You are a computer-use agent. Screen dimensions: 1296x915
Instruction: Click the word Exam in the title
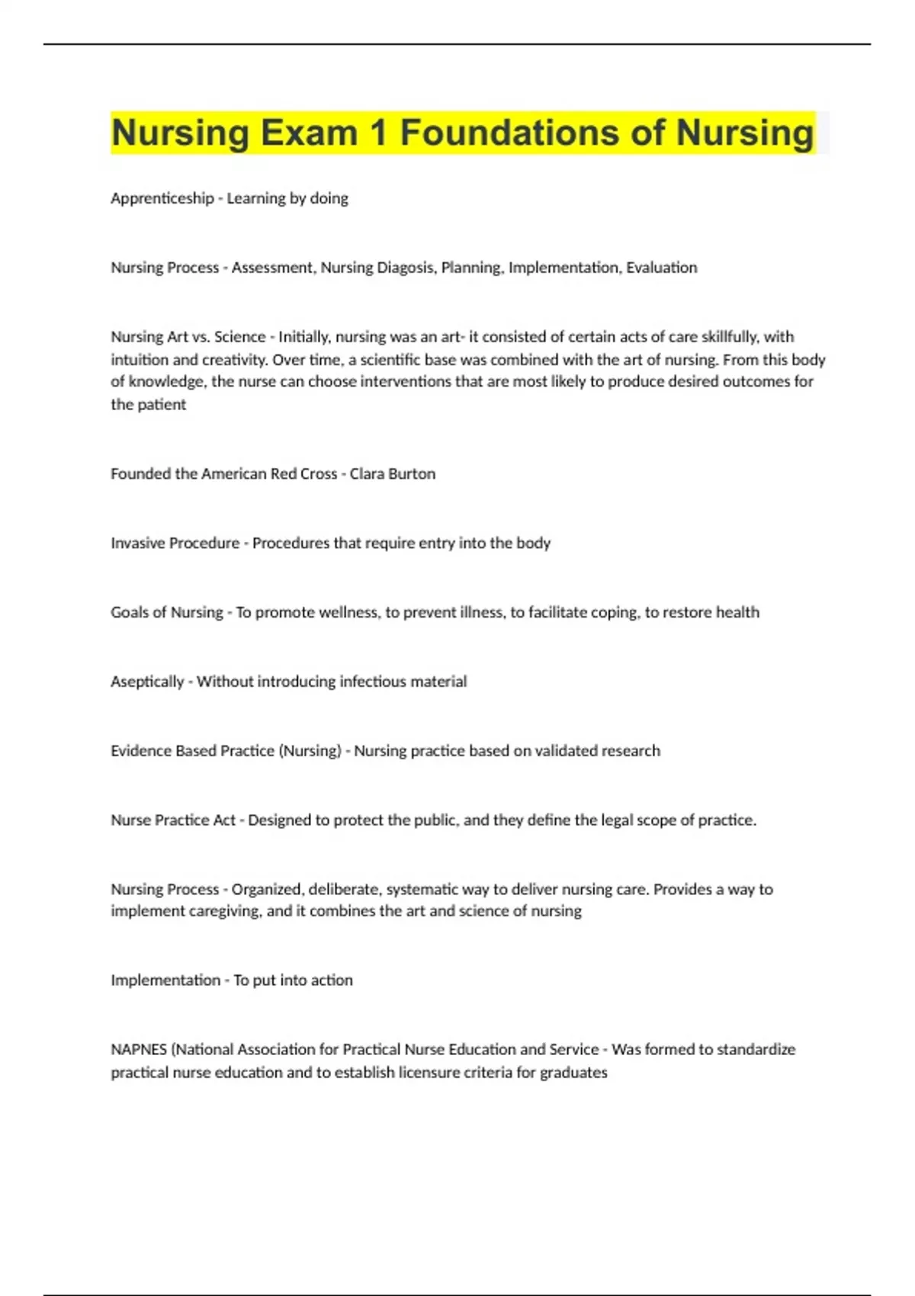tap(309, 133)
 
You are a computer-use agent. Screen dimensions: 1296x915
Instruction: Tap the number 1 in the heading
tap(378, 133)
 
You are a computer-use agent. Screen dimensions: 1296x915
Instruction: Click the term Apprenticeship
tap(162, 198)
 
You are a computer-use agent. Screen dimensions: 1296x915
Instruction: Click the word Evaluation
tap(661, 268)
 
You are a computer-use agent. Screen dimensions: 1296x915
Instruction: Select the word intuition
tap(140, 360)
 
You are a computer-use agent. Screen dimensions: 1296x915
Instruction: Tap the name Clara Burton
tap(392, 473)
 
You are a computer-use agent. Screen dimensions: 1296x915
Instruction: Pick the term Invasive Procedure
tap(175, 543)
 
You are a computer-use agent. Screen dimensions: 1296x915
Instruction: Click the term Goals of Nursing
tap(166, 612)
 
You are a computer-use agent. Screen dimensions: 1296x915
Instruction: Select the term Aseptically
tap(147, 682)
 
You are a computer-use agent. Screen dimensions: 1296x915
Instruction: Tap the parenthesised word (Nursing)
tap(310, 751)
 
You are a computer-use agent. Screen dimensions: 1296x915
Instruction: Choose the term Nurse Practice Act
tap(173, 820)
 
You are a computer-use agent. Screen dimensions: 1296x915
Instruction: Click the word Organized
tap(267, 889)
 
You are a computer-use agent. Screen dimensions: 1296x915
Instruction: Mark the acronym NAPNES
tap(139, 1050)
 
